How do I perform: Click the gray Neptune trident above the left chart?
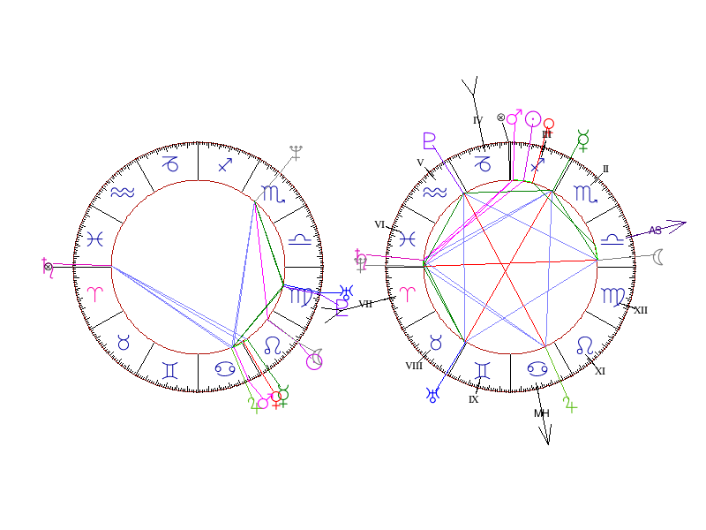click(296, 152)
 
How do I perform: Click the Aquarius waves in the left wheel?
click(122, 193)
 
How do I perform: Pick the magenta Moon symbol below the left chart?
click(313, 360)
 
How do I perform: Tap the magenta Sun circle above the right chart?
click(533, 118)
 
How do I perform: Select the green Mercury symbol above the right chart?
click(582, 138)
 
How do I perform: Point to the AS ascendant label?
click(655, 231)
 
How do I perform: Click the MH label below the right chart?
click(541, 413)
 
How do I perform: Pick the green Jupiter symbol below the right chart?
click(571, 405)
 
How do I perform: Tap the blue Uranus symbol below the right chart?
click(432, 395)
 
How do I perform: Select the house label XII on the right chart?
click(641, 310)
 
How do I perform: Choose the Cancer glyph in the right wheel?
click(536, 367)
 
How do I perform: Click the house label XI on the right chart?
click(600, 371)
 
